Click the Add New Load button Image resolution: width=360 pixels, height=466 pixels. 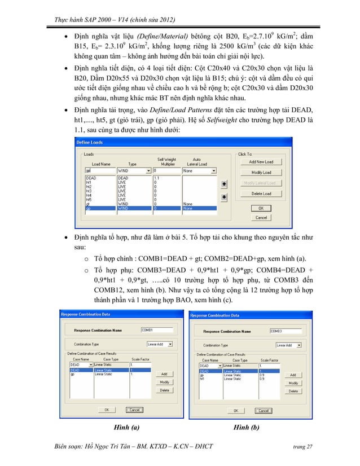point(261,162)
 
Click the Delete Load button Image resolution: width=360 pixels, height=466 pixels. point(261,194)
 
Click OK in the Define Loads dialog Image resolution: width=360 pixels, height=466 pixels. point(261,208)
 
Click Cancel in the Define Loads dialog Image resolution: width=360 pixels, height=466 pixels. point(261,217)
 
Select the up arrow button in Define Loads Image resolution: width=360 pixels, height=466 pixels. point(224,184)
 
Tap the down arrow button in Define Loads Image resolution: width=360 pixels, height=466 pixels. point(224,196)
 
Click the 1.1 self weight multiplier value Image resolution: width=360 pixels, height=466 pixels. point(156,178)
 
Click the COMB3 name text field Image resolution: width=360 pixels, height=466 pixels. point(283,331)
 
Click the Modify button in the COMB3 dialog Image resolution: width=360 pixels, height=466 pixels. point(293,383)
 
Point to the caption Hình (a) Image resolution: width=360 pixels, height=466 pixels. point(127,428)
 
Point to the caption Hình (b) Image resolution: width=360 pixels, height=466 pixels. point(247,428)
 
